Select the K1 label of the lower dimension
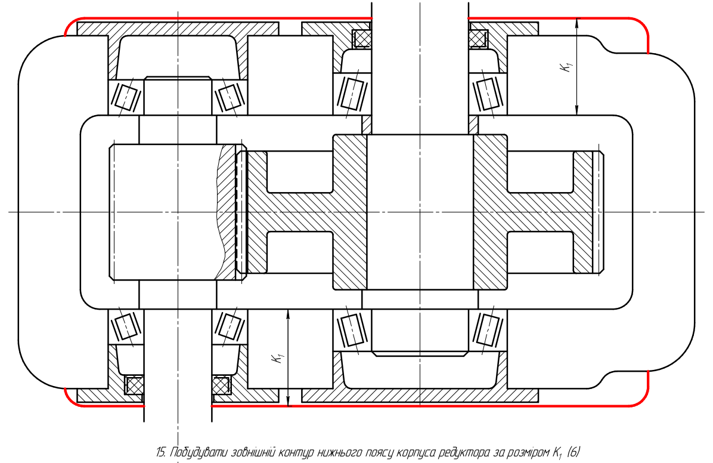tap(278, 357)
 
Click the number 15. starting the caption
tap(162, 452)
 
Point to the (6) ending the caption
tap(574, 452)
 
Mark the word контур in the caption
tap(297, 452)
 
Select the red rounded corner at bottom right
tap(642, 399)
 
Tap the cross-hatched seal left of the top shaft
tap(362, 38)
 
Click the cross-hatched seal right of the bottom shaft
tap(221, 385)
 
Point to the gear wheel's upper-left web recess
tap(300, 172)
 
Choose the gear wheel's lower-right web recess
tap(540, 252)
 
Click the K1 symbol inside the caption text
tap(557, 453)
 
